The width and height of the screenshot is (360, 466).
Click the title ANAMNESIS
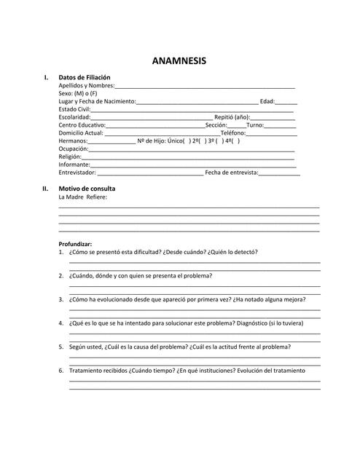point(179,61)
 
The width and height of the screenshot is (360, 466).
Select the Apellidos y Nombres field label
point(86,86)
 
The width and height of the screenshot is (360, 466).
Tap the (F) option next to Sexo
point(93,93)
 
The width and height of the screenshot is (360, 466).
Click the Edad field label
point(267,101)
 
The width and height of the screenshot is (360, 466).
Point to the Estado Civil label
point(74,109)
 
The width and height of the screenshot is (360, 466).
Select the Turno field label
point(255,125)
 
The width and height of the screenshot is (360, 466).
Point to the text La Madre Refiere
point(82,197)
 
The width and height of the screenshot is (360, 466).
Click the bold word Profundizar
point(76,244)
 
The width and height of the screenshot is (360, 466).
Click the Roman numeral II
point(45,189)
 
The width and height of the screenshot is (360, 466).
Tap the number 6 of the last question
point(60,371)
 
